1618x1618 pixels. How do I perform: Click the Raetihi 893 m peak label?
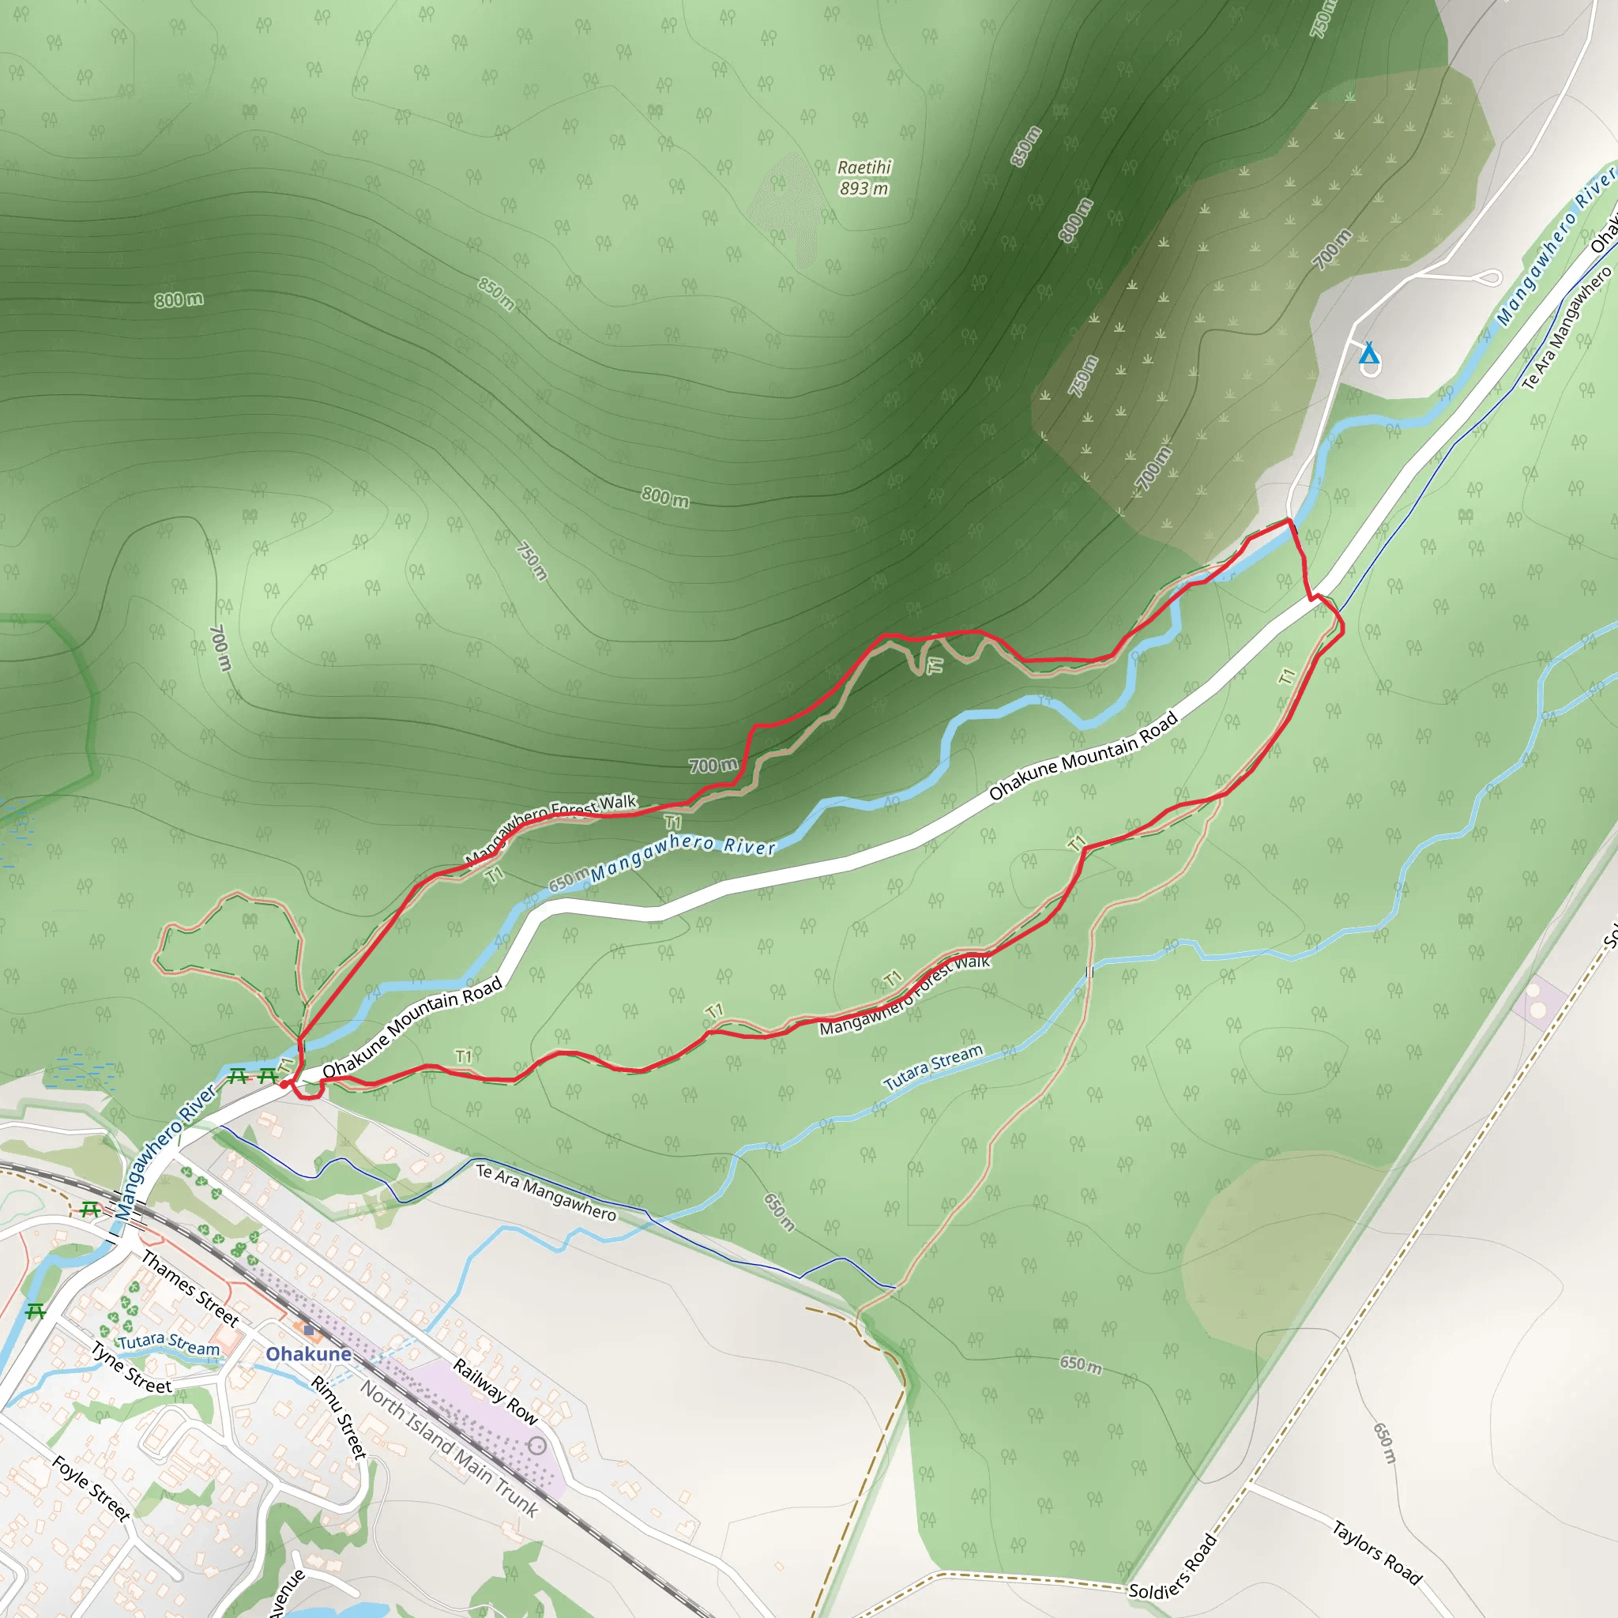pos(864,178)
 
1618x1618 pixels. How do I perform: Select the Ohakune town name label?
pos(308,1354)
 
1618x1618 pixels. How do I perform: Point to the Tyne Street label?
pos(130,1368)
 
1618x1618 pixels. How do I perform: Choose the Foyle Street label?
pos(90,1488)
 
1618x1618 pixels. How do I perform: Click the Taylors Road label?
pos(1377,1552)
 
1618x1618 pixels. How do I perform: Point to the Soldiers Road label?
pos(1172,1567)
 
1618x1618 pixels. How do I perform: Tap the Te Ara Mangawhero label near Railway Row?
pos(546,1192)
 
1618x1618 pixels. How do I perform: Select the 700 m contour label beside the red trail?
pos(713,765)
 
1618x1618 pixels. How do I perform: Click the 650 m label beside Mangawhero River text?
pos(568,881)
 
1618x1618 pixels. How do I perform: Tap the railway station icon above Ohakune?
pos(309,1330)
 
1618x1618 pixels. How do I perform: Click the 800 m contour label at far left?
pos(179,299)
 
